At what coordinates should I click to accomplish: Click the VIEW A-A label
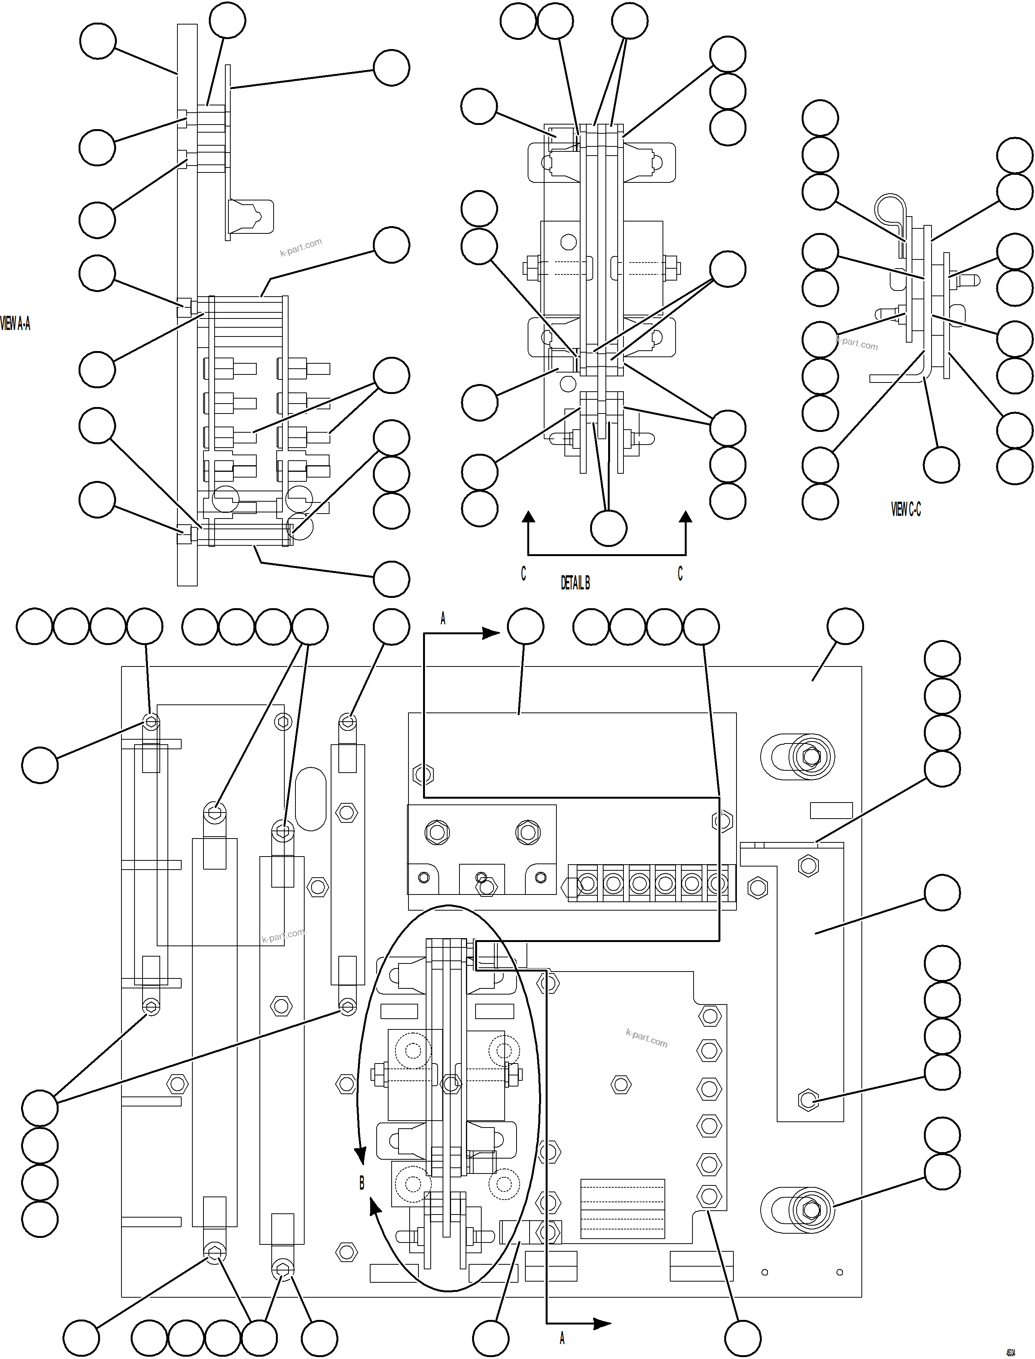15,323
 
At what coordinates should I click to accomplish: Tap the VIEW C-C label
905,509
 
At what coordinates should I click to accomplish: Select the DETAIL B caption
575,583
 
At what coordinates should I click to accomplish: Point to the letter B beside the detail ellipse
362,1183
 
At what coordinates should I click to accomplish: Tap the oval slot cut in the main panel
310,798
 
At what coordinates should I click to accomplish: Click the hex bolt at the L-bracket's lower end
808,1099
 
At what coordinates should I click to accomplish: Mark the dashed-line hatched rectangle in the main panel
622,1209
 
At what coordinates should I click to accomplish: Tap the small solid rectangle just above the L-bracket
831,810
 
